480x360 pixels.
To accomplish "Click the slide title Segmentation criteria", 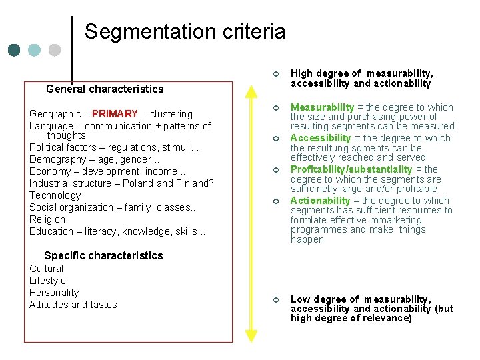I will coord(185,31).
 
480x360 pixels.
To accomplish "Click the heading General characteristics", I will coord(105,89).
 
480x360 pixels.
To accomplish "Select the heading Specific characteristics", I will coord(103,255).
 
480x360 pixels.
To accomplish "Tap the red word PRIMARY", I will coord(115,114).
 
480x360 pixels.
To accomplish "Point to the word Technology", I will coord(55,195).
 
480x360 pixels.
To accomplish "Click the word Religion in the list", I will coord(47,219).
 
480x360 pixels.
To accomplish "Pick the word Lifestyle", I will coord(47,281).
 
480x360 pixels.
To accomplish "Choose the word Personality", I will coord(54,293).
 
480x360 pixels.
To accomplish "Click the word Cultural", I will coord(47,269).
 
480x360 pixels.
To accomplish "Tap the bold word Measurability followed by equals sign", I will coord(322,107).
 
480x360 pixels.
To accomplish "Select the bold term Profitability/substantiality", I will coord(351,169).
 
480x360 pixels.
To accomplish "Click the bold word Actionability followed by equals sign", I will coord(320,201).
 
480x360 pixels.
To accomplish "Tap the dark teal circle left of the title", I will coord(14,50).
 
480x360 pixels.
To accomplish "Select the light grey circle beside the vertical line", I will coord(55,50).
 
